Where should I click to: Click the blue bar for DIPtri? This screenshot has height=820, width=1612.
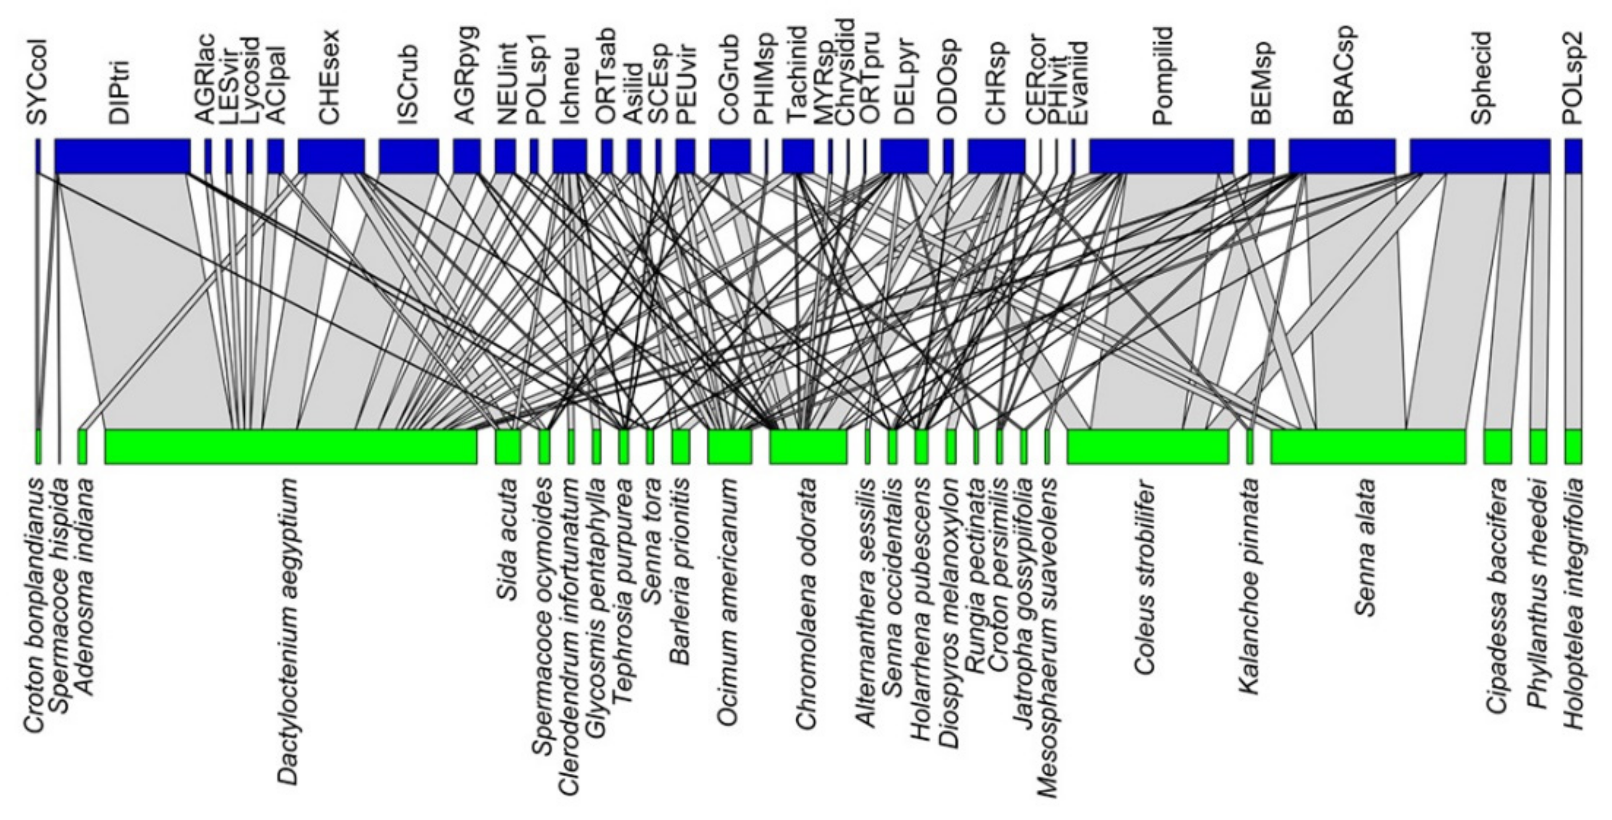click(x=123, y=156)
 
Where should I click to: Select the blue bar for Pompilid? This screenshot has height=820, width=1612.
click(x=1161, y=156)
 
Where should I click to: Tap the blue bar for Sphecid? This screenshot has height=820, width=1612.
click(x=1480, y=156)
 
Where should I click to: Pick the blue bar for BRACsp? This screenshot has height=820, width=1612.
click(x=1342, y=156)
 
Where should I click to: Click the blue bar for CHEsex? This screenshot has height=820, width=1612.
click(x=331, y=156)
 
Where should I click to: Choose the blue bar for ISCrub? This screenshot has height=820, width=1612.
click(x=408, y=156)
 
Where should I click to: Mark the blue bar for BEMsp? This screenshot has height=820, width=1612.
click(x=1262, y=156)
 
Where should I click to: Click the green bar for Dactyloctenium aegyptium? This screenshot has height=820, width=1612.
click(x=291, y=446)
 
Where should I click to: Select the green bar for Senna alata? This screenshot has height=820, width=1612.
click(x=1368, y=446)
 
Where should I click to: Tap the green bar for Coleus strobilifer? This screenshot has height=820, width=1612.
click(x=1148, y=446)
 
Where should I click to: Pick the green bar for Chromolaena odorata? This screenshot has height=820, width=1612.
click(x=808, y=446)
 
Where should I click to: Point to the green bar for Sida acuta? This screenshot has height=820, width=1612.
click(x=508, y=446)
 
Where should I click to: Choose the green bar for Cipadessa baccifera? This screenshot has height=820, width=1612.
click(x=1497, y=446)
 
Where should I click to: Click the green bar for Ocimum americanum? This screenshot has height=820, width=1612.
click(x=730, y=446)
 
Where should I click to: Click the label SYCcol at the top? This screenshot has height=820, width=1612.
click(x=37, y=82)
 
